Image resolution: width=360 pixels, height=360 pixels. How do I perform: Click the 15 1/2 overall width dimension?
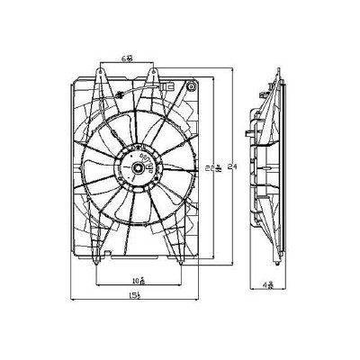pos(136,297)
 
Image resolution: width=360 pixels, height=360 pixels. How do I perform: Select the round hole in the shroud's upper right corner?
pos(189,89)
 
